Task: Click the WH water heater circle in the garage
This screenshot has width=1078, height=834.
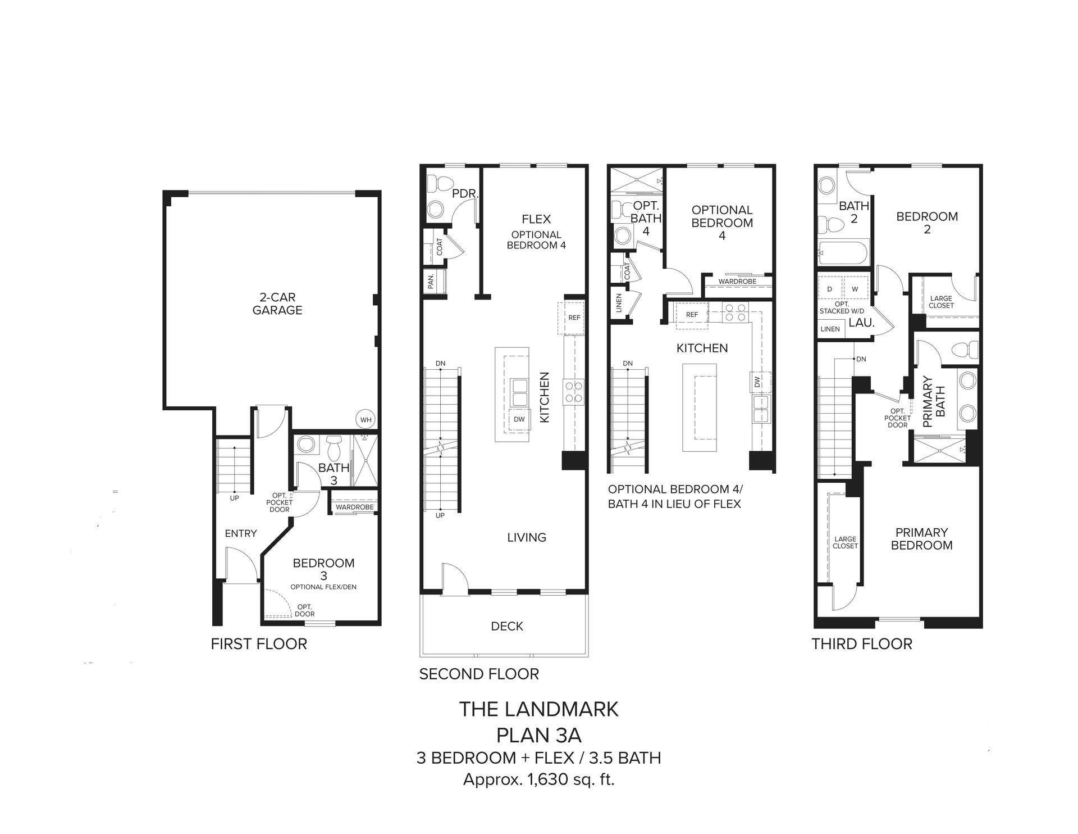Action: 366,420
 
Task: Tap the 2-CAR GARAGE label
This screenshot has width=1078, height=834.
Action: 277,303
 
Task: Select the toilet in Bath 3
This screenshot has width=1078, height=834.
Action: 334,448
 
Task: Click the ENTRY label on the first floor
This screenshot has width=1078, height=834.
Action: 241,533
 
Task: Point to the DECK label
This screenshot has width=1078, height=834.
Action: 507,626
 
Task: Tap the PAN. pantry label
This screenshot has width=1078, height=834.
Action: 431,281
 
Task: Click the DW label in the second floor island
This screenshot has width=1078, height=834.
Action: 519,419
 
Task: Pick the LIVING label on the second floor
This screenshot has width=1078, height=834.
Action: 527,538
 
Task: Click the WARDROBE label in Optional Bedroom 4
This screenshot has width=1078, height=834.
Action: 737,282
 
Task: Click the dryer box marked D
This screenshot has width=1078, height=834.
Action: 829,289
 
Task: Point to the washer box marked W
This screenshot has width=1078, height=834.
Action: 855,289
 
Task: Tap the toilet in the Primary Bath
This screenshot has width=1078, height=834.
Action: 965,350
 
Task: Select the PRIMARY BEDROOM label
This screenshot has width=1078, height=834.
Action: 922,539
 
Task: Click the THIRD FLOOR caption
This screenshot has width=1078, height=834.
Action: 862,644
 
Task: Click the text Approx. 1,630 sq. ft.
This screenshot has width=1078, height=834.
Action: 538,780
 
